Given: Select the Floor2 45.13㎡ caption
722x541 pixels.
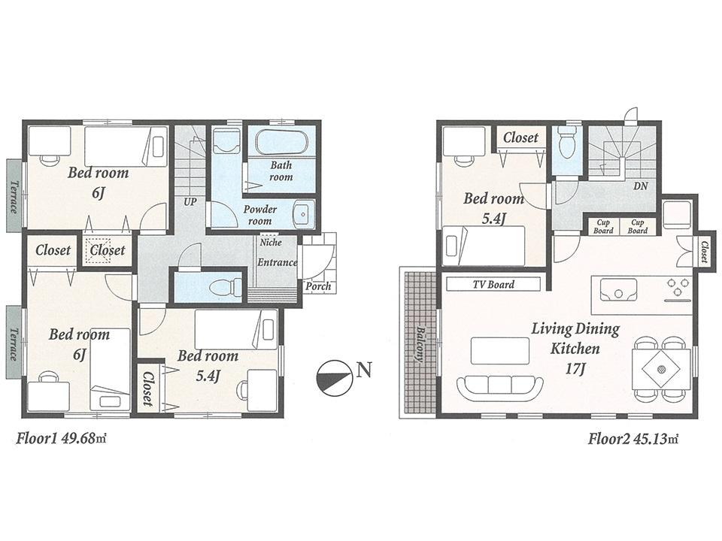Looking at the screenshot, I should click(x=633, y=438).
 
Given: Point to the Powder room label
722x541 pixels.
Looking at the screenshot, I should click(x=260, y=216).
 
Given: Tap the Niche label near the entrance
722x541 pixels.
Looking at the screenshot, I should click(x=271, y=243).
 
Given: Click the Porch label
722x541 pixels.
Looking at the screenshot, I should click(x=317, y=286).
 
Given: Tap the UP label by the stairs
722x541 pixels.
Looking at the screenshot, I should click(x=191, y=202).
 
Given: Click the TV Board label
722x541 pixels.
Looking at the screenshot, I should click(x=493, y=284).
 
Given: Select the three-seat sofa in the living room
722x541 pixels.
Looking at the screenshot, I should click(x=499, y=386).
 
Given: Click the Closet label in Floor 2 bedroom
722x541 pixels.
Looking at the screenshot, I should click(x=520, y=138).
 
